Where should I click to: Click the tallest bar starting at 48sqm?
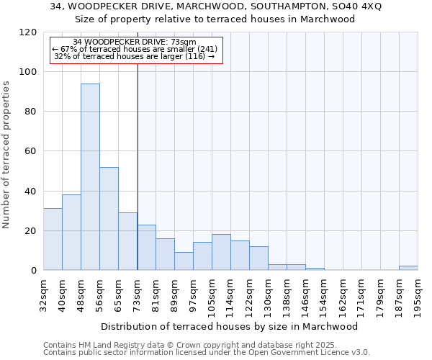pyautogui.click(x=90, y=176)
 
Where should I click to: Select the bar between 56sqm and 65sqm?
pyautogui.click(x=109, y=218)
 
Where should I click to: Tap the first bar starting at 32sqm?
pyautogui.click(x=53, y=239)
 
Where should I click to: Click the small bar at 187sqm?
pyautogui.click(x=408, y=268)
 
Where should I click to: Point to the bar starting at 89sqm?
pyautogui.click(x=184, y=261)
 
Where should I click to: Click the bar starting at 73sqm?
pyautogui.click(x=146, y=247)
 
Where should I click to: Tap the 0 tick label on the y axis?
pyautogui.click(x=34, y=271)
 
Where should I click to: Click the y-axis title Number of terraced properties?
pyautogui.click(x=6, y=154)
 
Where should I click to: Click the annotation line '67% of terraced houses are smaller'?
pyautogui.click(x=135, y=49)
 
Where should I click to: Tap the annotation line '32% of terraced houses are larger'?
pyautogui.click(x=135, y=56)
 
